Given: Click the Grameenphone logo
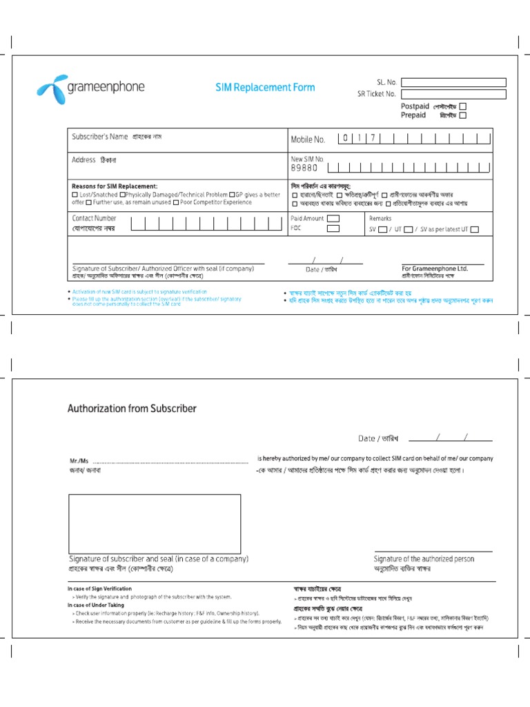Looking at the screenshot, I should tap(90, 88).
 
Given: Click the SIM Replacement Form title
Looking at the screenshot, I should tap(265, 87).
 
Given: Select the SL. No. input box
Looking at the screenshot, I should tap(453, 82).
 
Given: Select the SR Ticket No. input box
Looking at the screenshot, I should tap(453, 94).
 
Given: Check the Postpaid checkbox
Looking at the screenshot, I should tap(463, 106).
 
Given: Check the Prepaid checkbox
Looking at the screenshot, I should tap(463, 116).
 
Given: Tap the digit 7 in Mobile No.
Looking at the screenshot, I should tap(373, 138).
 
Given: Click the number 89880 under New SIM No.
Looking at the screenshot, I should tap(304, 168).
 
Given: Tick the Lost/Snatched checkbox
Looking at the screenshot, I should tap(75, 195).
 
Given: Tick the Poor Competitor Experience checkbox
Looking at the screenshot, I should tap(177, 202).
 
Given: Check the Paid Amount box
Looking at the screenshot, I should tap(333, 218).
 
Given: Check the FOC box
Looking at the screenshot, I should tap(333, 228).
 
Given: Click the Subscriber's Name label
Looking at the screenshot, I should tap(100, 137).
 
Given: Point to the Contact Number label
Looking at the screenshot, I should tap(95, 218).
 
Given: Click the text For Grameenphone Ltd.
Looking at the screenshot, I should tap(435, 269).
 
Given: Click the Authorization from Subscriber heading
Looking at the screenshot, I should tap(132, 408).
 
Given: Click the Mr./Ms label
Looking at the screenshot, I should tap(79, 461).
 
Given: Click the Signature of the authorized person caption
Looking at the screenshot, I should tap(424, 559).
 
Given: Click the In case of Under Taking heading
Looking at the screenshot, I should tap(96, 605).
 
